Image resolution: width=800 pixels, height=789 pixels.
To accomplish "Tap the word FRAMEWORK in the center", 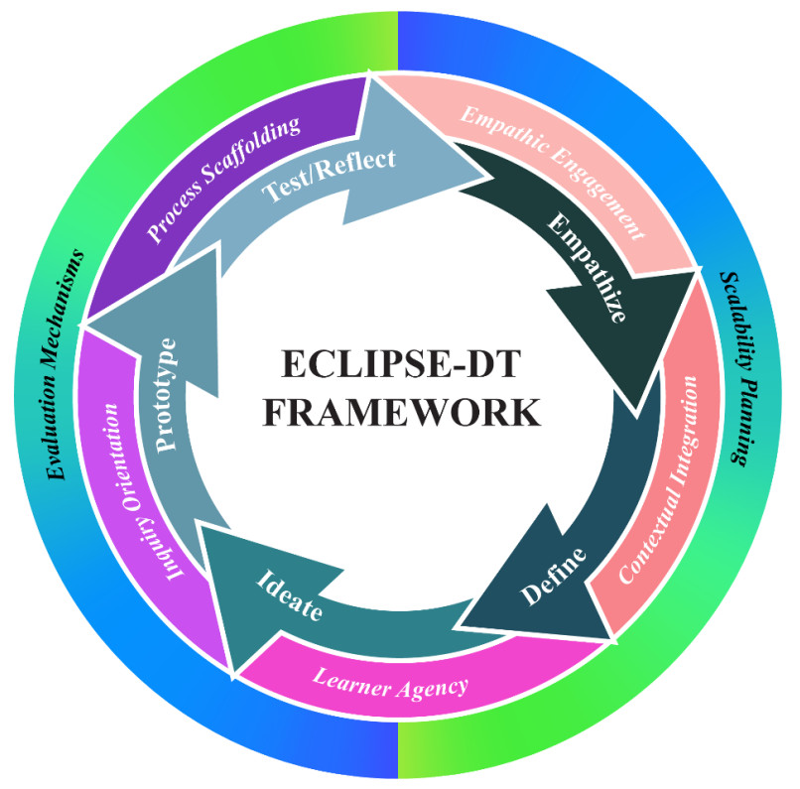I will [399, 410].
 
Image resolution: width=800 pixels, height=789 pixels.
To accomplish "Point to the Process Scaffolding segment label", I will [224, 179].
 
